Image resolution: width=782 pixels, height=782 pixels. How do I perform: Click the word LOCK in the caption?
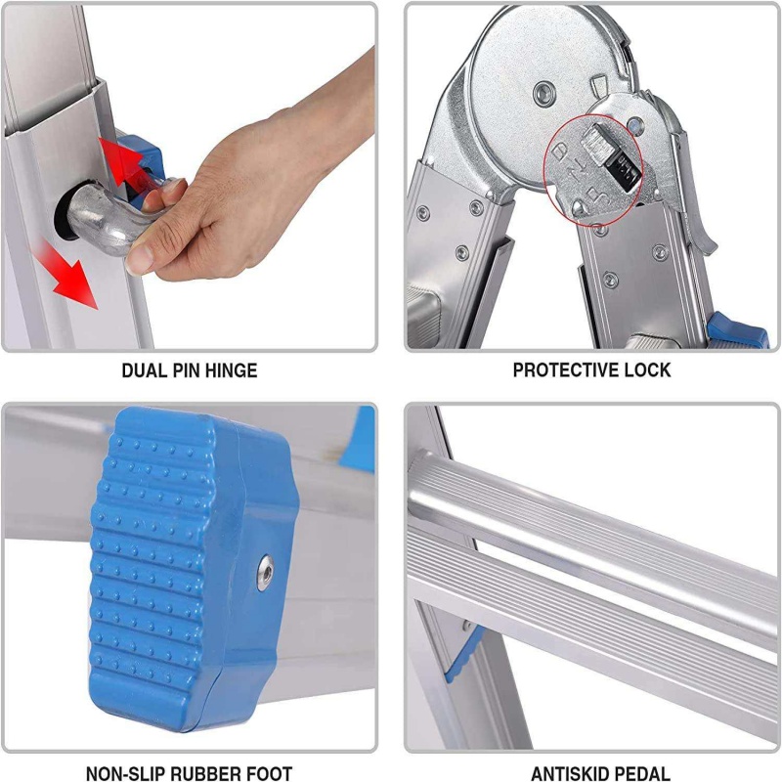click(647, 370)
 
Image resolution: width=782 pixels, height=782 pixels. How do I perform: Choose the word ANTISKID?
click(568, 773)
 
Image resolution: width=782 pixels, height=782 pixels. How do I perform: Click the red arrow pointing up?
click(122, 160)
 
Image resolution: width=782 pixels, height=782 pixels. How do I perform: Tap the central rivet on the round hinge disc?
click(544, 93)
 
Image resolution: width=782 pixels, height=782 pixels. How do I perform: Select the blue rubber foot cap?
click(195, 569)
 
